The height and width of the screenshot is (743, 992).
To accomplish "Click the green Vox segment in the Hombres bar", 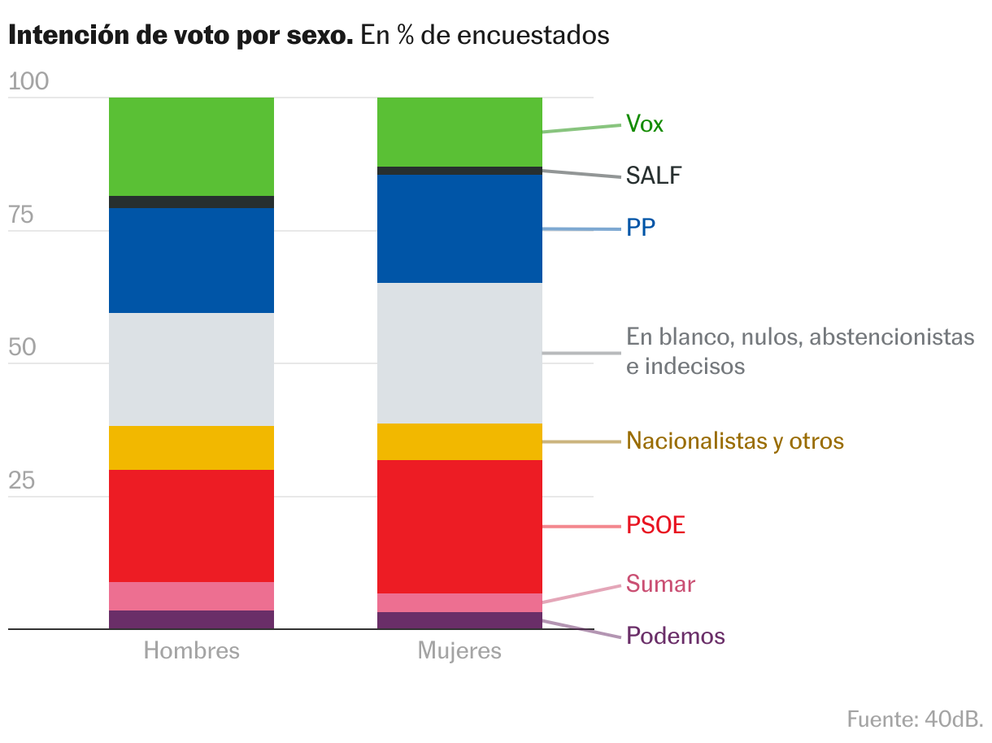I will (191, 146).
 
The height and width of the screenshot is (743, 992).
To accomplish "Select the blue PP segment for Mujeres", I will (459, 228).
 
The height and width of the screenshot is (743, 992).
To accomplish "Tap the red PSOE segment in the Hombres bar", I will (191, 525).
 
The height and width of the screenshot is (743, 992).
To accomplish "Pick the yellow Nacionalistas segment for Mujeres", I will (459, 441).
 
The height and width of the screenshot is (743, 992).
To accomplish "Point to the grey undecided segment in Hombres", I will (191, 369).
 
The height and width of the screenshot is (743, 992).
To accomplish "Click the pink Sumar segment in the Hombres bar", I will (191, 596).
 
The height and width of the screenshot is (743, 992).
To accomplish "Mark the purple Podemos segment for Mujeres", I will (459, 620).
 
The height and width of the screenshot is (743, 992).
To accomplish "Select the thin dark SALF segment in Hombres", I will (191, 202).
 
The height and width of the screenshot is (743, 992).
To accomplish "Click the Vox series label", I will (645, 124).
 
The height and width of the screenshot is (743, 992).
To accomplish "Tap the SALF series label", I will (654, 176).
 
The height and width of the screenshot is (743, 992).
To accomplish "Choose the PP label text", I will (641, 229).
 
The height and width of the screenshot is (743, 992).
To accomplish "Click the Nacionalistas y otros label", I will (735, 441).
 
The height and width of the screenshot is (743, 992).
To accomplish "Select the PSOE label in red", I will (656, 526).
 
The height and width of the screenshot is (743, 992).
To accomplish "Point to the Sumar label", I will (660, 584).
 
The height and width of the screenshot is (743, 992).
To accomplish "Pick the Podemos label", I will (675, 636).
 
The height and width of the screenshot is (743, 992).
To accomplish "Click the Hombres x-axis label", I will (192, 651).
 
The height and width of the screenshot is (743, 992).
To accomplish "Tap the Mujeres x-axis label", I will (459, 651).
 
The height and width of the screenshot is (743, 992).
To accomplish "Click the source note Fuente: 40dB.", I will (915, 719).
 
